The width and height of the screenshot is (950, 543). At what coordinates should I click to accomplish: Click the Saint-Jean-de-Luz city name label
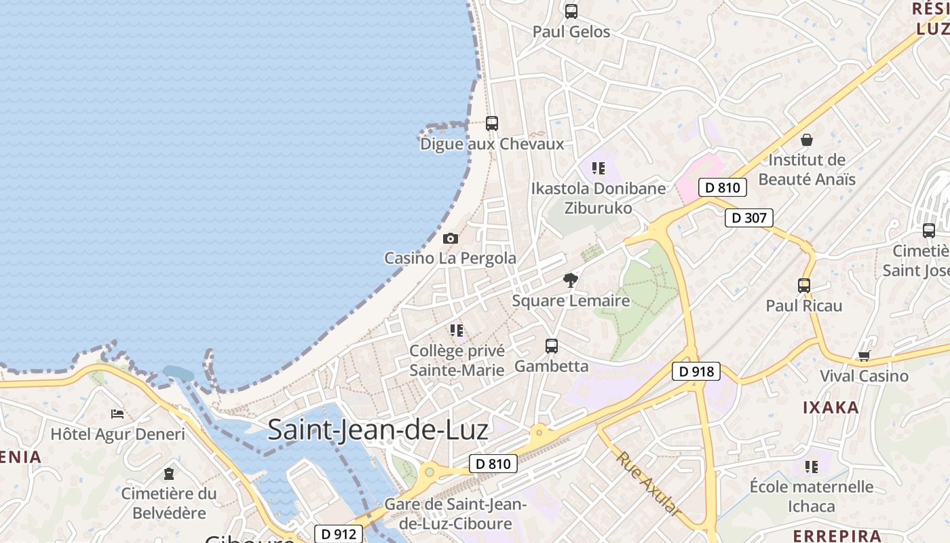(378, 430)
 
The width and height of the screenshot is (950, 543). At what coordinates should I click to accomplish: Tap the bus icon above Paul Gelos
(571, 11)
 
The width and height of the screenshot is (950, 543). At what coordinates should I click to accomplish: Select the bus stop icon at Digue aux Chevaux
(492, 124)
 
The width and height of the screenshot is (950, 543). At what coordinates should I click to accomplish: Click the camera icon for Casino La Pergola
(450, 238)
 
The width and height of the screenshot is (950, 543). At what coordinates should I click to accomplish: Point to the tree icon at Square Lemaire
(571, 280)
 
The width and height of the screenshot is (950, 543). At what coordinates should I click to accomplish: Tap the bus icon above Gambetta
(552, 346)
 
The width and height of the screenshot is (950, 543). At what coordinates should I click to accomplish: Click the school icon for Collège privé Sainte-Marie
(457, 331)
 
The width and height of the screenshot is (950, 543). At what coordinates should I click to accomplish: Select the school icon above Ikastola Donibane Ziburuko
(598, 168)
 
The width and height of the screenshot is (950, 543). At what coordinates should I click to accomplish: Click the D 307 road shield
(749, 218)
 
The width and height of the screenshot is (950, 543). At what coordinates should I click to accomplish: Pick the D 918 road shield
(696, 371)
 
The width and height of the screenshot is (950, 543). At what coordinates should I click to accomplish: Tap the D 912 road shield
(339, 534)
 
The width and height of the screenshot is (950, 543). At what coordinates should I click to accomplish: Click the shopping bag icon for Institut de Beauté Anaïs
(807, 140)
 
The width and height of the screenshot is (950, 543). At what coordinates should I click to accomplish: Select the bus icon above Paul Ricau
(804, 286)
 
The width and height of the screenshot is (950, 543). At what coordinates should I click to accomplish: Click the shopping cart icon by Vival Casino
(864, 356)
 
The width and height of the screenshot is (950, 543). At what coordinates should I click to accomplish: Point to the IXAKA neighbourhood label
(831, 407)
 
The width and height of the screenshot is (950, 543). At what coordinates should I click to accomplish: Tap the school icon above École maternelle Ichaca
(812, 466)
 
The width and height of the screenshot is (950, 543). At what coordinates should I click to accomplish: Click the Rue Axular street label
(649, 484)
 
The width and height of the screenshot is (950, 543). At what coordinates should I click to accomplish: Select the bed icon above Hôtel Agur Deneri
(117, 413)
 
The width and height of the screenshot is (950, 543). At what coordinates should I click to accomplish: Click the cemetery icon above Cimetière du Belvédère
(169, 473)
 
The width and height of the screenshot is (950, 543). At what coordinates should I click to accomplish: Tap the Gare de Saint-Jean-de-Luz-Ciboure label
(455, 514)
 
